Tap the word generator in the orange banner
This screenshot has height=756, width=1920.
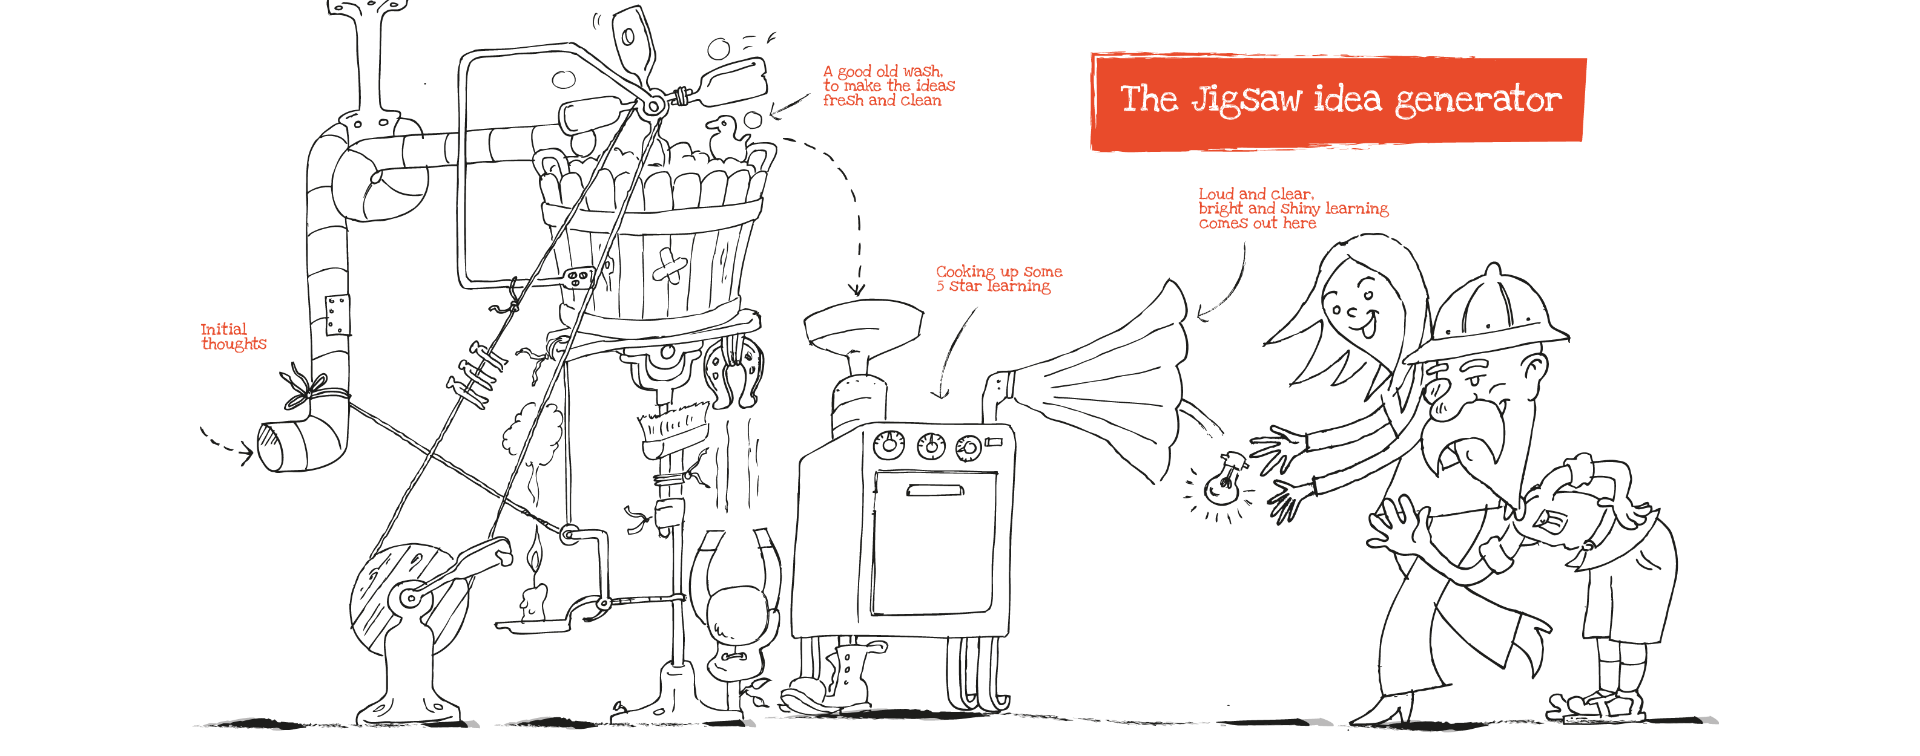tap(1478, 100)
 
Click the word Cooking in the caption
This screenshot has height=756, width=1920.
tap(965, 272)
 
